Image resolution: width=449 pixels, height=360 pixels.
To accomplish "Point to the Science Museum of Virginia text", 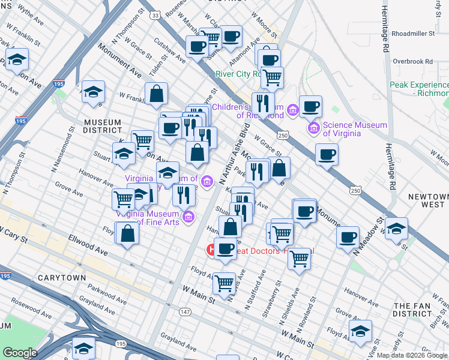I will pyautogui.click(x=355, y=129).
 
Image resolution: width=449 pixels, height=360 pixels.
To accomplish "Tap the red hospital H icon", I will pyautogui.click(x=211, y=249).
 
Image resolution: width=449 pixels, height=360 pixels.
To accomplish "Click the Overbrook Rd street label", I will pyautogui.click(x=412, y=61).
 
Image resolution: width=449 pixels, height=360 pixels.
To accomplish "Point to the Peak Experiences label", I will pyautogui.click(x=418, y=89).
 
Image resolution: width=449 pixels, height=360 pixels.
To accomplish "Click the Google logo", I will pyautogui.click(x=20, y=353).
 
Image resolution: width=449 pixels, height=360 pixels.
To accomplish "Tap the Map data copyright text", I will pyautogui.click(x=412, y=355).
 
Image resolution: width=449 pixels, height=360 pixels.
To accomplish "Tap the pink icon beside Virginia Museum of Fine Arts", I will pyautogui.click(x=188, y=217).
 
